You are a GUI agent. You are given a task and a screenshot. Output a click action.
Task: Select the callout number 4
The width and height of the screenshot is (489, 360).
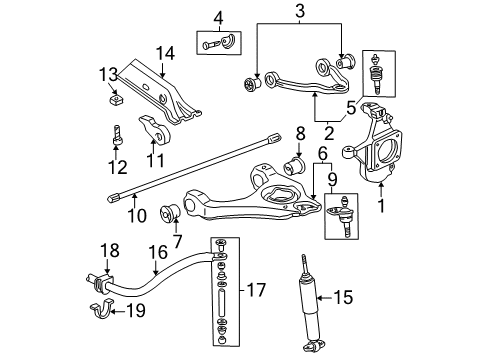219,17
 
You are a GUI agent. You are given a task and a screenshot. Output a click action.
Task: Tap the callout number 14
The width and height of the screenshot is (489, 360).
165,53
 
